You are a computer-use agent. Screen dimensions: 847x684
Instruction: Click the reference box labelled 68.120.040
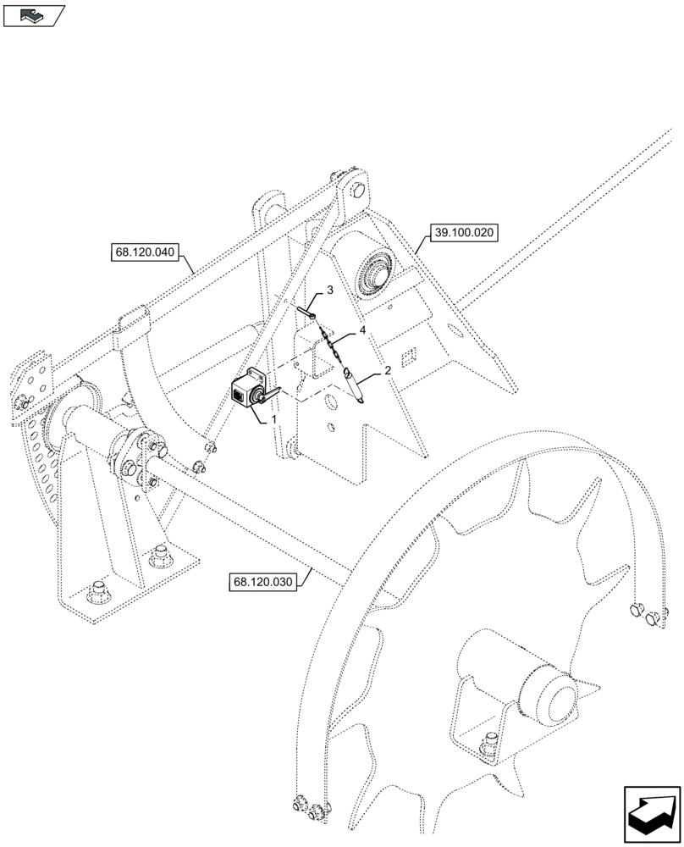(143, 252)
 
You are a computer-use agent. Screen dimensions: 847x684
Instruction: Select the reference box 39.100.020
(466, 232)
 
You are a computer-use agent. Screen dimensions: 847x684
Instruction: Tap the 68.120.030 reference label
(263, 582)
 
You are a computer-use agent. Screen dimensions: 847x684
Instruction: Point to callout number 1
(273, 418)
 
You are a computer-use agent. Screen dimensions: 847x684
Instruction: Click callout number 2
(387, 370)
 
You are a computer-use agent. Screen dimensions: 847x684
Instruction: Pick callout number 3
(329, 291)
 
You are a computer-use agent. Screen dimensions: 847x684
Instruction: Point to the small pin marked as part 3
(306, 312)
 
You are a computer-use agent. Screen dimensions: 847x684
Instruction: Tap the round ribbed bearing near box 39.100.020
(374, 273)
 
